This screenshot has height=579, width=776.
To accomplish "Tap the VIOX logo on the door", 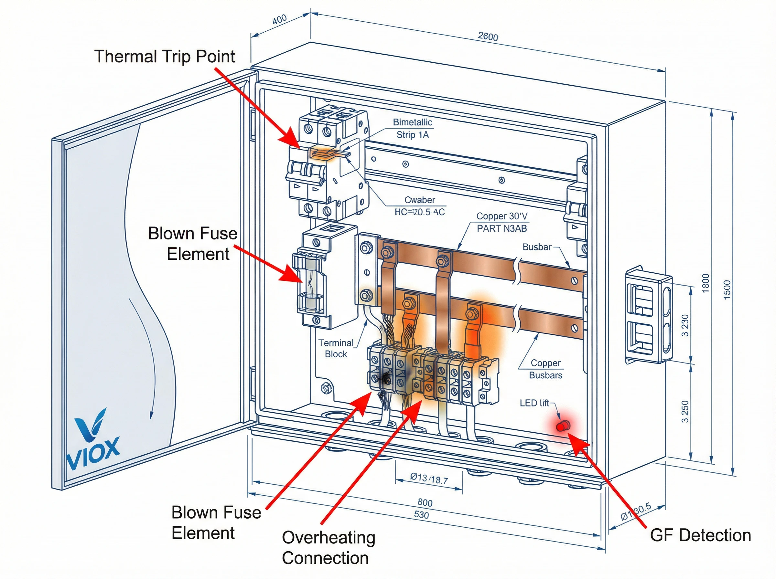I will pyautogui.click(x=92, y=442).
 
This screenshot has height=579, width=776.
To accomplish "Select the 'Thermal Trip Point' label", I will pyautogui.click(x=165, y=57).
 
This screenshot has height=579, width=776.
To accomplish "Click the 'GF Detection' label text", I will pyautogui.click(x=700, y=535).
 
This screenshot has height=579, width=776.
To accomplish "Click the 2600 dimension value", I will pyautogui.click(x=488, y=37).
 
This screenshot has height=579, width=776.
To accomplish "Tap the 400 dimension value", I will pyautogui.click(x=279, y=20).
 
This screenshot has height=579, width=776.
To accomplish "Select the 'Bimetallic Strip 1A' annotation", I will pyautogui.click(x=412, y=129).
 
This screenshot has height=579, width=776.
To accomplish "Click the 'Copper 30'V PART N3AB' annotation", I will pyautogui.click(x=502, y=222).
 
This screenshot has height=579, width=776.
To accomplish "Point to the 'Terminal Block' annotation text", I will pyautogui.click(x=336, y=348).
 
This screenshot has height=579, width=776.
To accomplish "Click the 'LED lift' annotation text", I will pyautogui.click(x=534, y=403).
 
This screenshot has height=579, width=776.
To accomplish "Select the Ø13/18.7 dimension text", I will pyautogui.click(x=429, y=479).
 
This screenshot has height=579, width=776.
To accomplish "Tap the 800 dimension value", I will pyautogui.click(x=425, y=503).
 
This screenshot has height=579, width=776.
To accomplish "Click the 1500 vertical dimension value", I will pyautogui.click(x=727, y=289).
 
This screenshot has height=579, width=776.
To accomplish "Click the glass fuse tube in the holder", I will pyautogui.click(x=310, y=282).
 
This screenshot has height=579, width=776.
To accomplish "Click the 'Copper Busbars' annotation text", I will pyautogui.click(x=545, y=369).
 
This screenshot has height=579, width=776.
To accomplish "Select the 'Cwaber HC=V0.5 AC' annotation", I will pyautogui.click(x=419, y=206).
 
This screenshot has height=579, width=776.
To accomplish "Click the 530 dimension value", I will pyautogui.click(x=421, y=515).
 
